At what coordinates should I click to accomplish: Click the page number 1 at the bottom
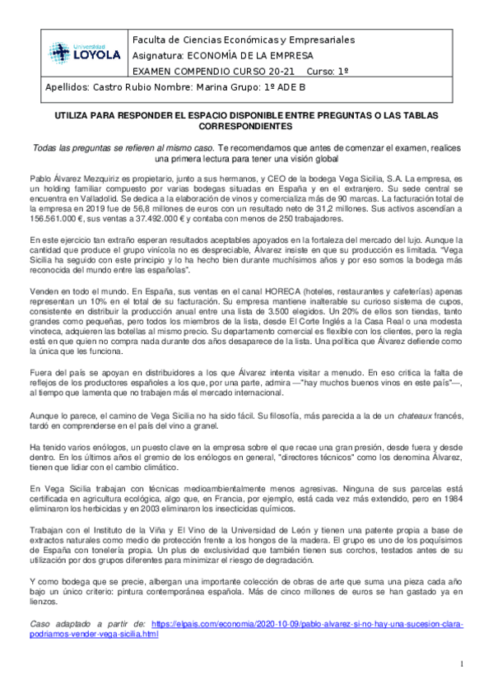[x=463, y=663]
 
